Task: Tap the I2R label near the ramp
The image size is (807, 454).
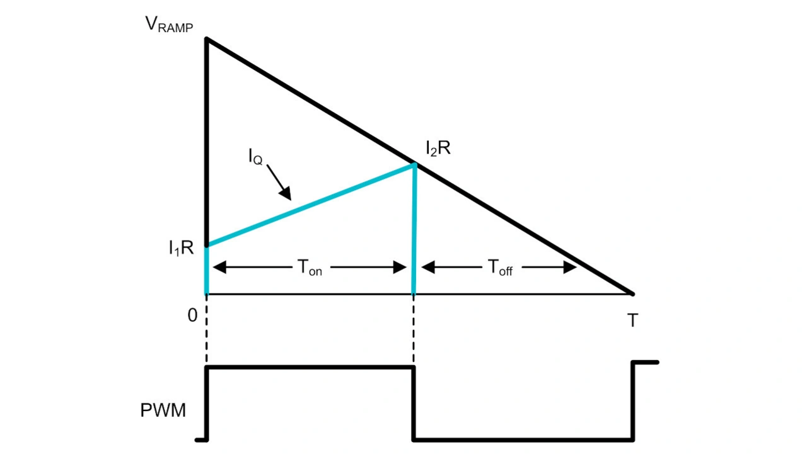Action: [438, 150]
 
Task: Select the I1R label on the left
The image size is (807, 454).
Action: [181, 249]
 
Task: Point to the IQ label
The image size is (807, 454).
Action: [255, 157]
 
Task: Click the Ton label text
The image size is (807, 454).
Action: [309, 268]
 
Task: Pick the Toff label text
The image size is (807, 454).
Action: [500, 268]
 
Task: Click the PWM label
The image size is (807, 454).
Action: [163, 411]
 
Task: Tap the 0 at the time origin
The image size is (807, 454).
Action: [192, 315]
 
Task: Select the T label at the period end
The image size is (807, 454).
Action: [632, 321]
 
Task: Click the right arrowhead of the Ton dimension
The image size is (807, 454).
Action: [400, 267]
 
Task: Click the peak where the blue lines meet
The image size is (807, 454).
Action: [414, 165]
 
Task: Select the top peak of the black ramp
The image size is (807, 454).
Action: [207, 39]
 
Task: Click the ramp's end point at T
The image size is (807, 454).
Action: [632, 293]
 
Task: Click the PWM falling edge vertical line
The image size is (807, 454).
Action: [414, 403]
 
